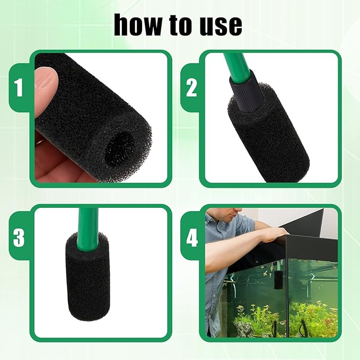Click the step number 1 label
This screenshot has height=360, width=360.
point(19,88)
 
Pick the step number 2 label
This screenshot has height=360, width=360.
point(191,88)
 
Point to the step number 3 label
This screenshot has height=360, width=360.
point(19,238)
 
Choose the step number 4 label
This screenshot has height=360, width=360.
point(191,238)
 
